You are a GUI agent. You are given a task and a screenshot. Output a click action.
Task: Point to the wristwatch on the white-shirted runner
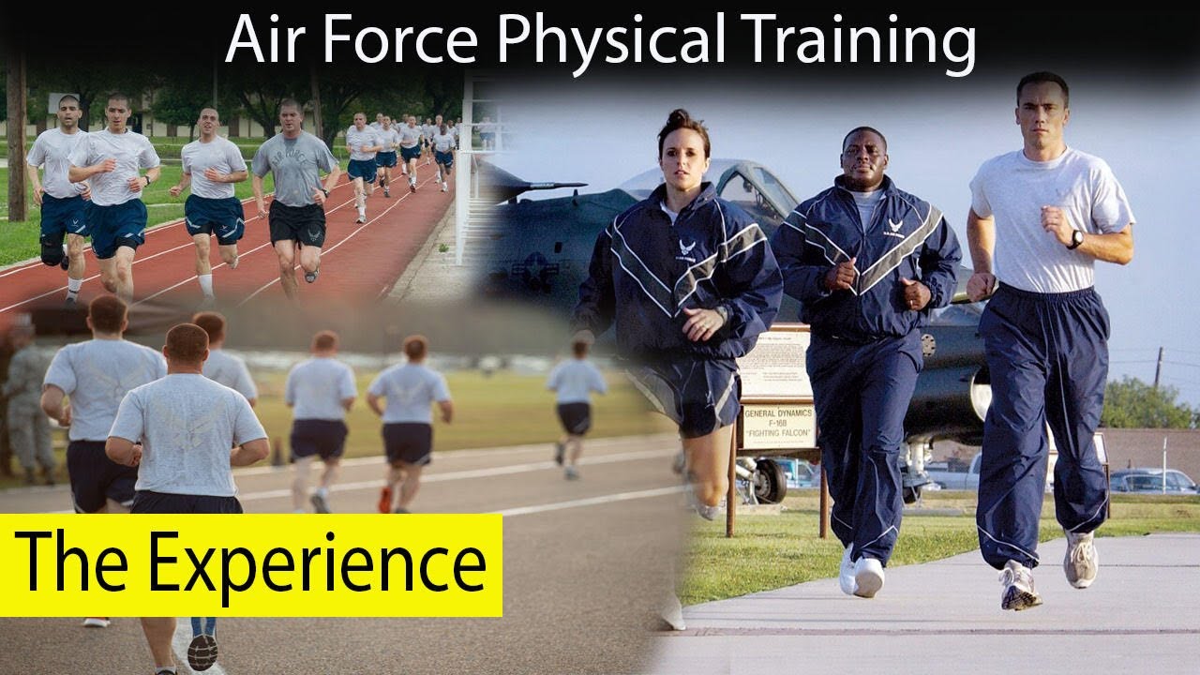(1075, 239)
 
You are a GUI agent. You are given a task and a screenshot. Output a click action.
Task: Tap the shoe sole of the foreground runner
(202, 652)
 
